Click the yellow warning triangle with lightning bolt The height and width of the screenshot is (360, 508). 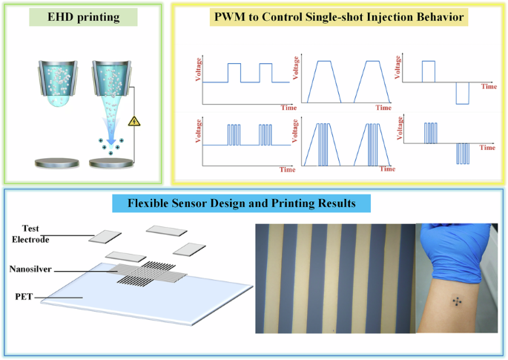[x=135, y=122]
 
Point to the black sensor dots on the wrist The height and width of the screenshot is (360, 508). [x=457, y=301]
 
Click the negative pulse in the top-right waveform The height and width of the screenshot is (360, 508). [x=463, y=94]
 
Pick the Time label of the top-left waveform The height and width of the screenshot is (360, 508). [x=288, y=108]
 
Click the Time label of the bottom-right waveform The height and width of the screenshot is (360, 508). [x=486, y=148]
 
